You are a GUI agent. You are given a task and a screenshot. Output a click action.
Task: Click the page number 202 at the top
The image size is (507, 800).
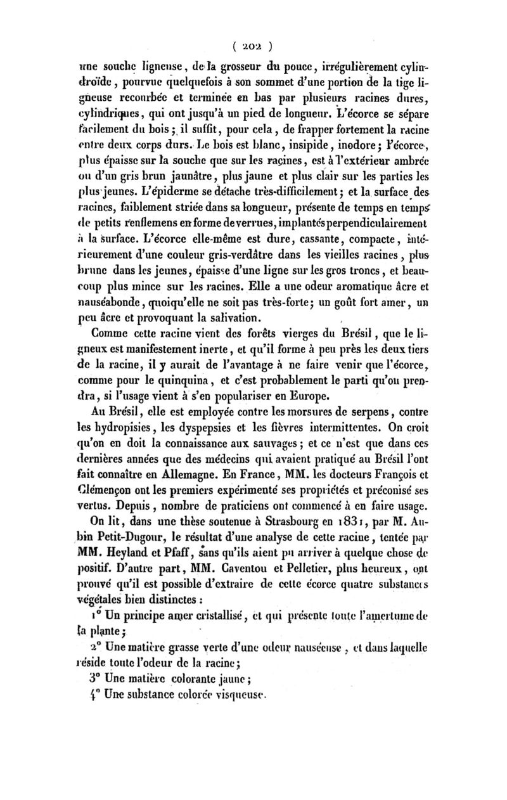tap(253, 46)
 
